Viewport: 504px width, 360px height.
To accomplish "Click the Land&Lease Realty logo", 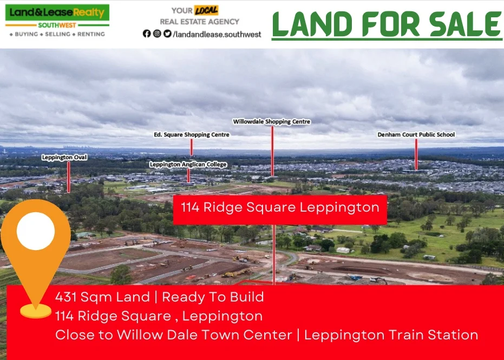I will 57,16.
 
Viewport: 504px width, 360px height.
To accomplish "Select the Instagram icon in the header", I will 157,34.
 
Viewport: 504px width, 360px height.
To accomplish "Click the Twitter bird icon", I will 167,34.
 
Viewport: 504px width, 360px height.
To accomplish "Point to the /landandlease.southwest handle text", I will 217,34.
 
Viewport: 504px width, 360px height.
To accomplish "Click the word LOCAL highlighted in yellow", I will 206,10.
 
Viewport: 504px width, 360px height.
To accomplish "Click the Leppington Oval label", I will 64,157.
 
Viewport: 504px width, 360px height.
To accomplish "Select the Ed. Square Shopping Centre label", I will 192,134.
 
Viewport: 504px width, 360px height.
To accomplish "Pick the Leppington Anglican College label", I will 188,164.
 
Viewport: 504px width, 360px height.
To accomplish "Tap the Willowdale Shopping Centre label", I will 272,122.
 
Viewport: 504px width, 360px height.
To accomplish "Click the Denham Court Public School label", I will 416,134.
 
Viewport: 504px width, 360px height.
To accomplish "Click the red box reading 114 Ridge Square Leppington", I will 280,208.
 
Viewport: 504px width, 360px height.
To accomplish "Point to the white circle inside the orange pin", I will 36,231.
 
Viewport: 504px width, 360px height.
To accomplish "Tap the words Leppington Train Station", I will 391,335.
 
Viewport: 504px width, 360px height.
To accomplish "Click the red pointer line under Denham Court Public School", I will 416,154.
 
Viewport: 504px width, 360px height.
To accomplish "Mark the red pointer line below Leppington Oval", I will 69,176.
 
